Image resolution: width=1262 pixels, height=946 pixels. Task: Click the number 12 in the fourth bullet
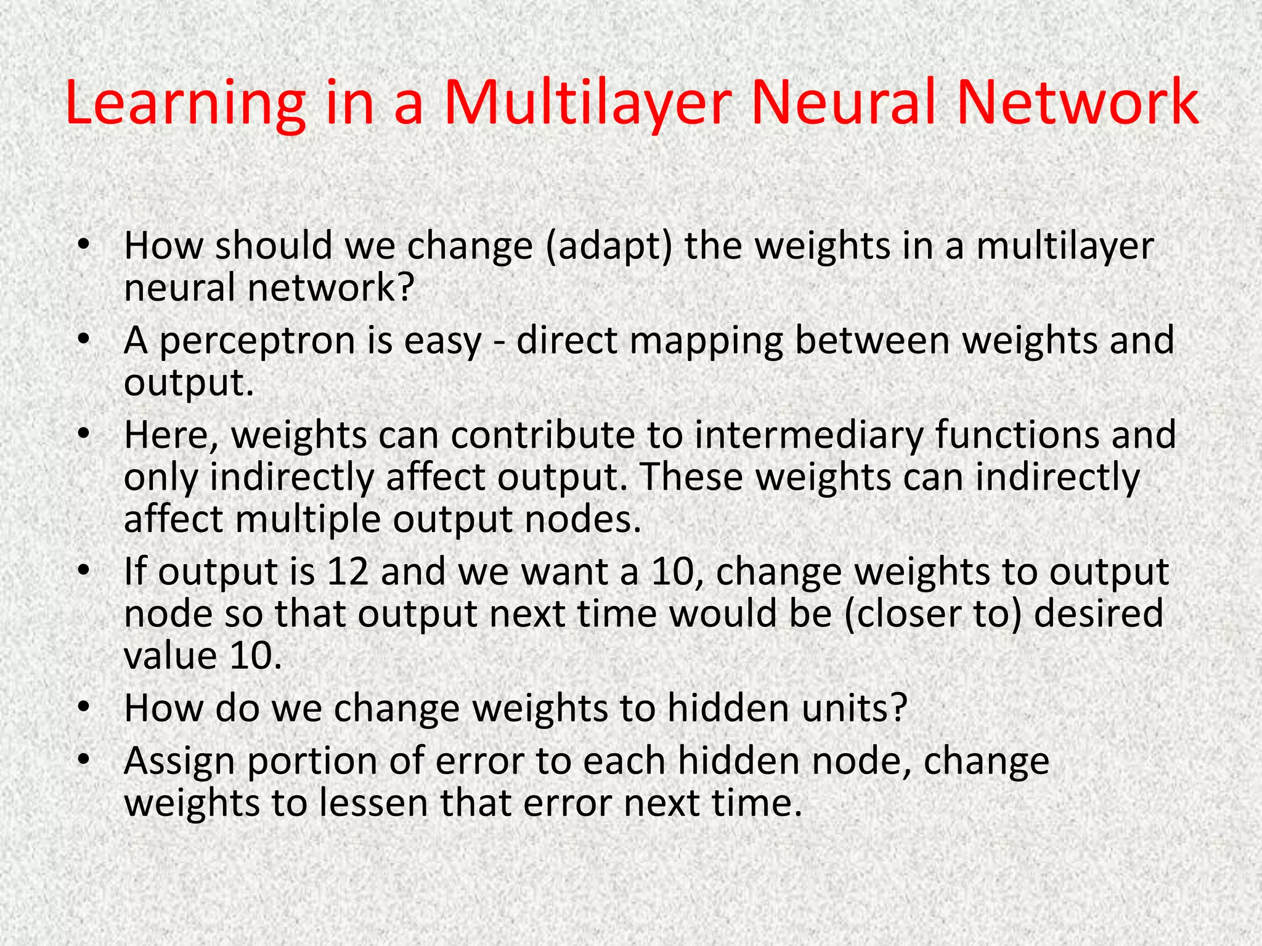tap(348, 572)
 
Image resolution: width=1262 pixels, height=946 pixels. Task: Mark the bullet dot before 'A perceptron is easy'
tap(84, 339)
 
